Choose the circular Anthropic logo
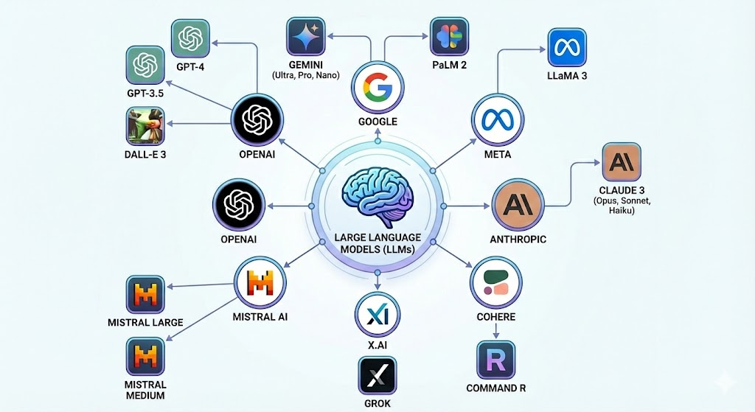[x=518, y=203]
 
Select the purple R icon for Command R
[x=495, y=359]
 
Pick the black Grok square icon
[x=377, y=377]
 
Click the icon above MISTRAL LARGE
[x=145, y=295]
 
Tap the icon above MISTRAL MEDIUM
[x=145, y=357]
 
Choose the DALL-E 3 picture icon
[x=145, y=127]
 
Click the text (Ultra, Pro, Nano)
[x=310, y=76]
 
